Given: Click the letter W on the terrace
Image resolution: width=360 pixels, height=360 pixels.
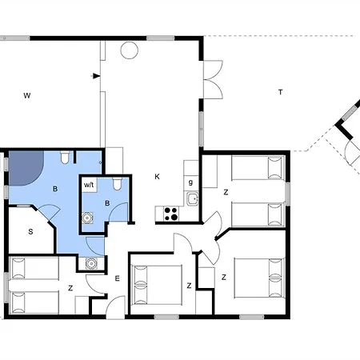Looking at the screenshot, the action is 27,95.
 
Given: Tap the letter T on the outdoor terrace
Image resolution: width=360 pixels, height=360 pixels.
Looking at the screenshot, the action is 280,92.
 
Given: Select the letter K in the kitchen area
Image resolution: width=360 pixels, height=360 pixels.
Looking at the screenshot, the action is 157,177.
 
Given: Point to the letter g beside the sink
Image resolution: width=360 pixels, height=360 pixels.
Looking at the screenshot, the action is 190,182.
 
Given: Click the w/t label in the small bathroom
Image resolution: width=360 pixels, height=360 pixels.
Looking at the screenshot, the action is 89,185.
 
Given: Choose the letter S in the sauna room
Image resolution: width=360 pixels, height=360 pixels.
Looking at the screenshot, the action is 30,232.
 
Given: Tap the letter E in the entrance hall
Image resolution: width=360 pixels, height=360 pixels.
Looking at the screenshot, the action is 117,278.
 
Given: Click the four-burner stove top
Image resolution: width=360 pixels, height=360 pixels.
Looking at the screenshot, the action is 171,214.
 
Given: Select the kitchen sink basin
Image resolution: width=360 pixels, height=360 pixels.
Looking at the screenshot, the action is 192,198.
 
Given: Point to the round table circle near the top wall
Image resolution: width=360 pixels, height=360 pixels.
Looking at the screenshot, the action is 129,50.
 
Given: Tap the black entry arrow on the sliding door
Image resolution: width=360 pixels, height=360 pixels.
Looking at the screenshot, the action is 96,76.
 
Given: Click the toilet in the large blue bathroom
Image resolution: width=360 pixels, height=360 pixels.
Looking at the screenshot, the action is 65,158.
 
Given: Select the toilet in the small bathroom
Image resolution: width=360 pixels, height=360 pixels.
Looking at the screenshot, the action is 117,184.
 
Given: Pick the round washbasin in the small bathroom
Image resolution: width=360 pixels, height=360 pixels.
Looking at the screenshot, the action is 87,218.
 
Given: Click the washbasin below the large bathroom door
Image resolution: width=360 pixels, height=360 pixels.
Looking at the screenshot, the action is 91,263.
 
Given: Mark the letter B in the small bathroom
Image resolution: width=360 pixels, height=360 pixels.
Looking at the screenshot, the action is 107,203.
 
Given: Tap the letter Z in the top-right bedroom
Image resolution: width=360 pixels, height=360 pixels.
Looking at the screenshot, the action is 226,192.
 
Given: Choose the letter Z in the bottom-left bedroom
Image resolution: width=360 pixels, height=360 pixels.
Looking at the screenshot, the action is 70,288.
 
